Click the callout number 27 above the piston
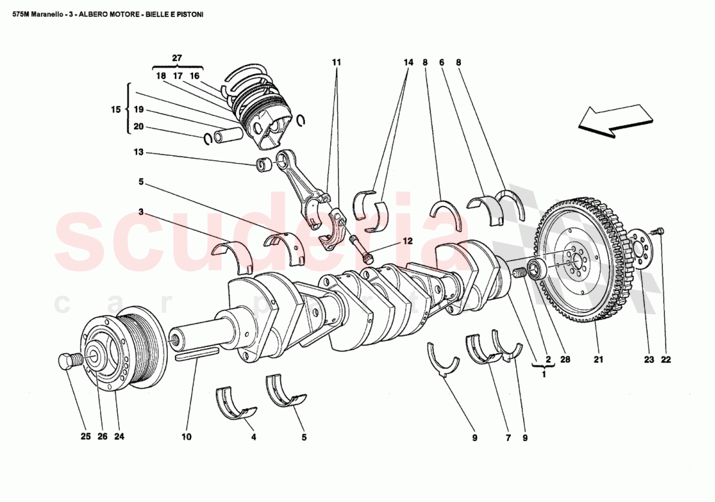[177, 58]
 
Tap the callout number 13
[138, 153]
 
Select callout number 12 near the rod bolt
[407, 241]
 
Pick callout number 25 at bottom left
[86, 437]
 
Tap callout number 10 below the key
[187, 437]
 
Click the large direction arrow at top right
[614, 121]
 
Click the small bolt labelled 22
[661, 231]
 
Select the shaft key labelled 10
[197, 354]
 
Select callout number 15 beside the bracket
[116, 110]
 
